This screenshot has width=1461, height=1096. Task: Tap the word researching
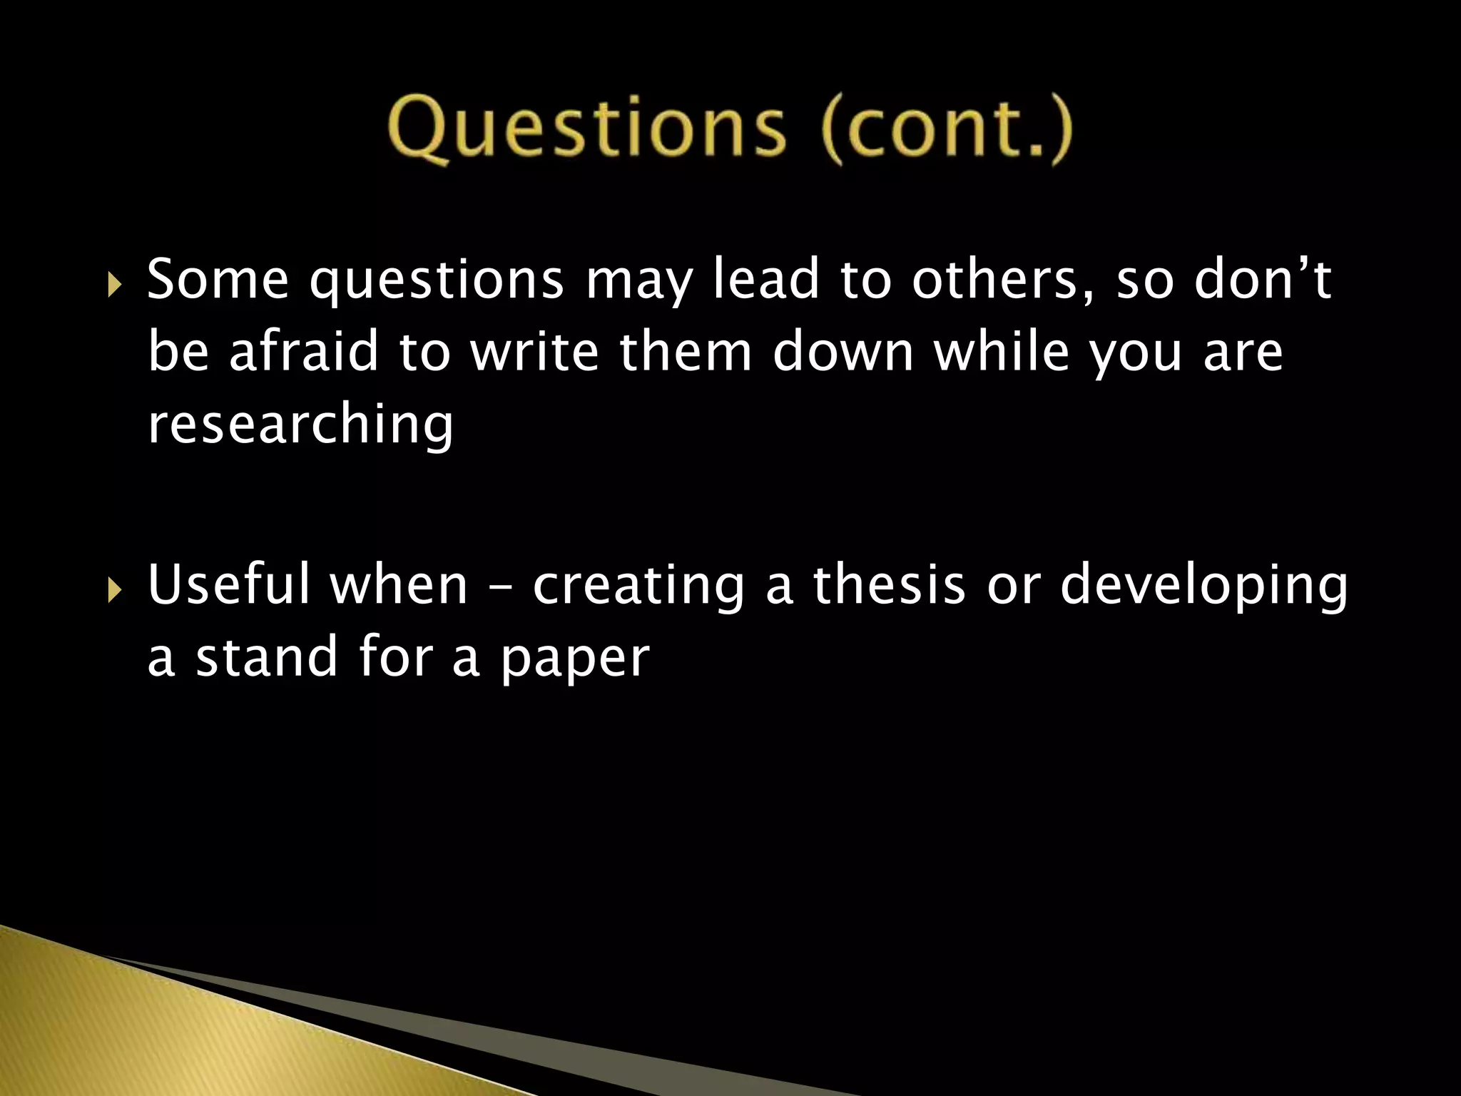[x=300, y=427]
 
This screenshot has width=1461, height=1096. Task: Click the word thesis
[x=889, y=585]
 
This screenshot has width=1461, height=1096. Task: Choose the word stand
[x=267, y=658]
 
